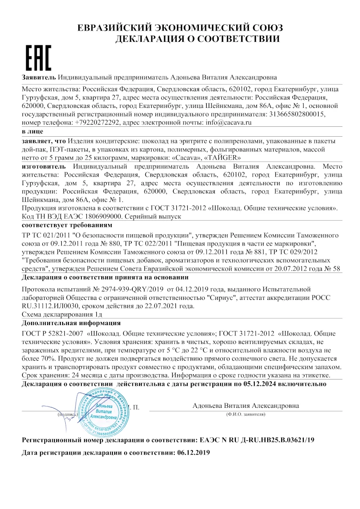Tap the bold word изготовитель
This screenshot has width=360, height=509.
[43, 166]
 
